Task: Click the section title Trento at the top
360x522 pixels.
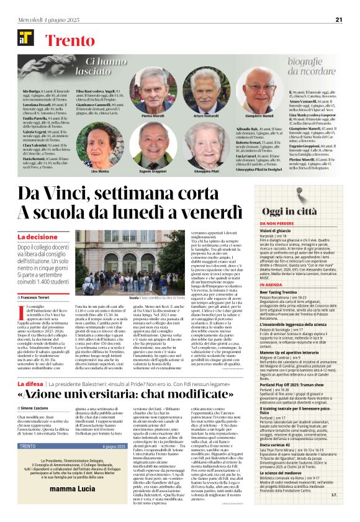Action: tap(69, 42)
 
